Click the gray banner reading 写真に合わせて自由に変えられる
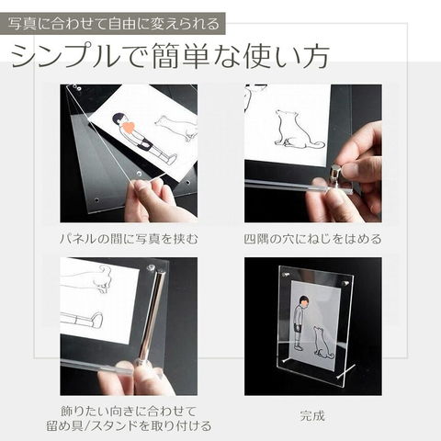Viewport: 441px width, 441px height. (x=112, y=24)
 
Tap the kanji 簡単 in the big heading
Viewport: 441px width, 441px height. (x=180, y=56)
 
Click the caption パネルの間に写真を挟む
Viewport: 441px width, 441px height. (x=129, y=239)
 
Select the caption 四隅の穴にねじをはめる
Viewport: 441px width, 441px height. (x=312, y=239)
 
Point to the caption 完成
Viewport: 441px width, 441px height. (x=312, y=416)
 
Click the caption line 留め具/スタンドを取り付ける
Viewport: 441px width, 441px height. (x=129, y=425)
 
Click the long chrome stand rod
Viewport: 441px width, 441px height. (x=151, y=314)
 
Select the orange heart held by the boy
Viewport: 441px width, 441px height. (x=128, y=127)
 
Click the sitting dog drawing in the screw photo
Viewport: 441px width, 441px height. (x=296, y=129)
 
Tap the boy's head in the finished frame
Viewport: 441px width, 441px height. (x=303, y=301)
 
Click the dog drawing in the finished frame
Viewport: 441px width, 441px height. (x=322, y=343)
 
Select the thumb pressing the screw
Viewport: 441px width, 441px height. (x=356, y=169)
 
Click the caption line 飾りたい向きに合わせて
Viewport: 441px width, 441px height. (x=129, y=411)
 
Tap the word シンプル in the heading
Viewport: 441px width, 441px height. (x=65, y=56)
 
